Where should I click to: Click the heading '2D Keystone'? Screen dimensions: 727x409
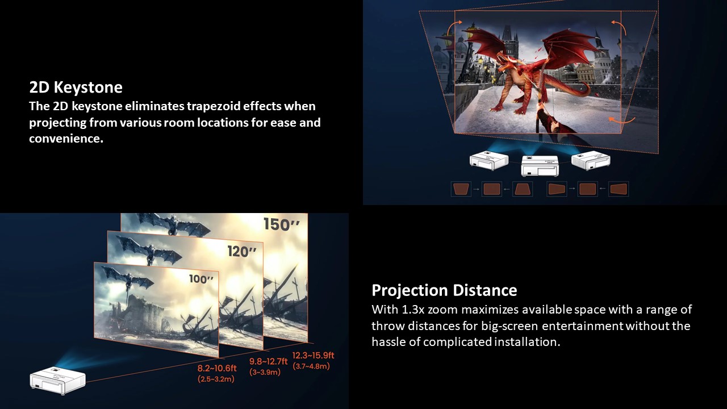tap(76, 87)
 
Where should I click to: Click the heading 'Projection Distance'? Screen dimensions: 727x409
tap(444, 290)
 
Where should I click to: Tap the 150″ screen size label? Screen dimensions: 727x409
tap(281, 224)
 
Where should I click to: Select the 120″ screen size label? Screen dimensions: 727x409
tap(242, 251)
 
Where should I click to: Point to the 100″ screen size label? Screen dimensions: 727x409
tap(202, 279)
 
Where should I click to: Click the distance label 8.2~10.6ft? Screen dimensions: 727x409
tap(217, 368)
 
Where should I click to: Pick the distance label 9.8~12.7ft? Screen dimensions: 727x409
tap(269, 361)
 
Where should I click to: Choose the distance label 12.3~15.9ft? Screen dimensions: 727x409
tap(313, 356)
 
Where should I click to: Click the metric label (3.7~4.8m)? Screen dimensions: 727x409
tap(311, 366)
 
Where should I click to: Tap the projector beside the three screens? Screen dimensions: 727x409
tap(58, 380)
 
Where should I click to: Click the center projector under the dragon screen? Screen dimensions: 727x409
tap(540, 165)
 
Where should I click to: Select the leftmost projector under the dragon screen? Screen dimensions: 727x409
tap(489, 160)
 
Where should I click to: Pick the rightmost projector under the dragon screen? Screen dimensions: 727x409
tap(591, 160)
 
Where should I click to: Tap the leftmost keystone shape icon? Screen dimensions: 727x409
tap(461, 189)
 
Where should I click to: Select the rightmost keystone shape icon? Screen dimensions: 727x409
tap(619, 189)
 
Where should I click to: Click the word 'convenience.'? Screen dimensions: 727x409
tap(66, 139)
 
